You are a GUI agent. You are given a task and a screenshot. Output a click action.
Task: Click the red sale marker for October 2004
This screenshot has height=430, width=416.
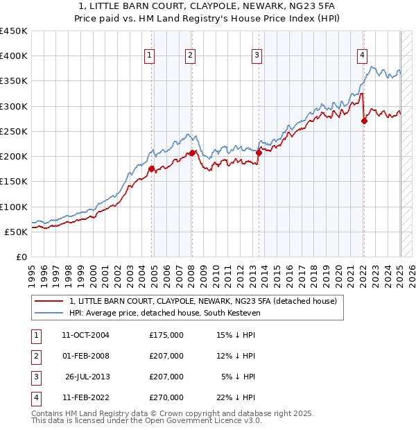[151, 167]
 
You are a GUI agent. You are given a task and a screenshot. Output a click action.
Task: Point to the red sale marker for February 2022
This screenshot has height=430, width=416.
[364, 121]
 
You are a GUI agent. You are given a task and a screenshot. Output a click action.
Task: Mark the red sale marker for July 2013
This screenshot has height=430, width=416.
[259, 153]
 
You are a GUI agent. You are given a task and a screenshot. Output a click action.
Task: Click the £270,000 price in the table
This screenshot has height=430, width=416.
[166, 397]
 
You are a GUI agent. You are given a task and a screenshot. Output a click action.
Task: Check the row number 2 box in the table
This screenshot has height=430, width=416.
[35, 356]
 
